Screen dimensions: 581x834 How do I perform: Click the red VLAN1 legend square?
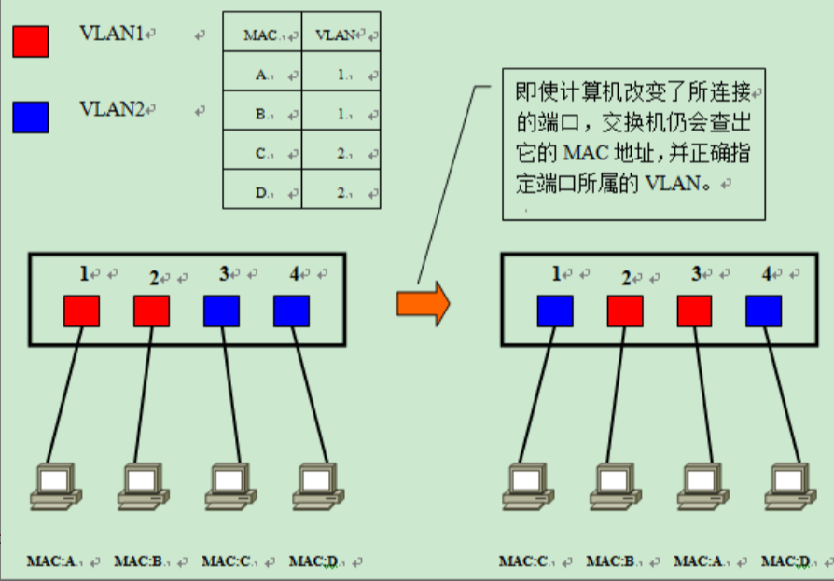point(31,42)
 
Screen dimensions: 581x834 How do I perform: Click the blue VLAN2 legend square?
point(31,117)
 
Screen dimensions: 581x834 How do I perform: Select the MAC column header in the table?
point(260,36)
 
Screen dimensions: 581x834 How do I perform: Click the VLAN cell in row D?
point(341,193)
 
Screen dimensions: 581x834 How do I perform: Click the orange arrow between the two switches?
point(423,304)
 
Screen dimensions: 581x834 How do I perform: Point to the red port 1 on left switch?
point(81,311)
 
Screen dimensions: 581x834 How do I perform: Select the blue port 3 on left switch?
point(221,311)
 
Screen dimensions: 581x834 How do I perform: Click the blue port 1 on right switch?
point(555,311)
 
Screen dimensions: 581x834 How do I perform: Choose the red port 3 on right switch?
point(695,311)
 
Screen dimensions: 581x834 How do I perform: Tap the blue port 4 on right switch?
point(764,311)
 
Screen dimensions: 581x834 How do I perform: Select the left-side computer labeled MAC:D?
point(314,485)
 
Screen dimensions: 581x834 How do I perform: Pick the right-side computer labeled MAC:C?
point(523,485)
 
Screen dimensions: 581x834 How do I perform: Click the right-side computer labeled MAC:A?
point(699,485)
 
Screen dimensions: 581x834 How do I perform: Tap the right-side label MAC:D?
point(785,561)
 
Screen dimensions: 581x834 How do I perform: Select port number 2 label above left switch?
point(155,278)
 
